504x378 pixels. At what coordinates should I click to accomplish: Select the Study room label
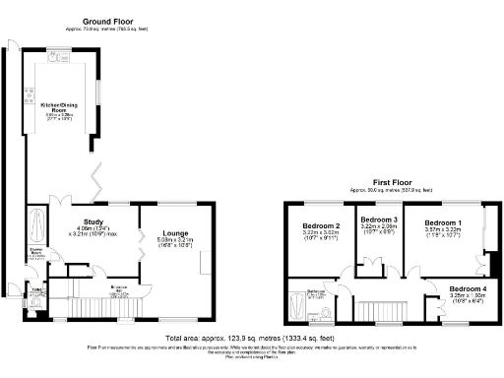94,220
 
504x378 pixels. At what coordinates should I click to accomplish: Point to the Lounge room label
173,233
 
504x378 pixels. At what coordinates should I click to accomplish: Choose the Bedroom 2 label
321,226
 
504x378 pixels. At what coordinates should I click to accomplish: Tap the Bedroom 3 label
378,219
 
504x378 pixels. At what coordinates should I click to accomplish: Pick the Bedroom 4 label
443,288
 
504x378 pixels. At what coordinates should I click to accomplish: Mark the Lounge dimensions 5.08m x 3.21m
173,240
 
